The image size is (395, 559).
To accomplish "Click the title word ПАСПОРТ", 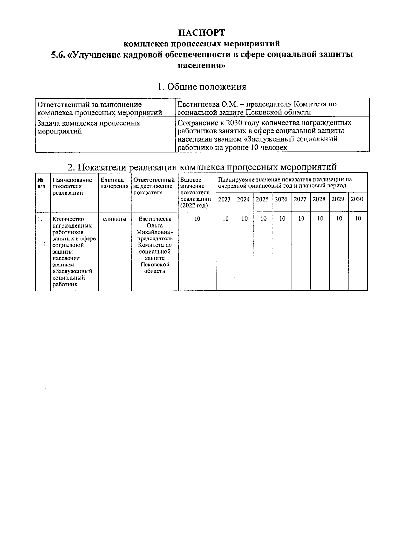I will coord(202,33).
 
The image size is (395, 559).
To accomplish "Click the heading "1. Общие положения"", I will coord(202,87).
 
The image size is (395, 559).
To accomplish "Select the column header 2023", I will coord(224,199).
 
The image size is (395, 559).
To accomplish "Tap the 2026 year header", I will coord(281,199).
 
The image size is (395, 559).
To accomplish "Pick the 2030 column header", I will coord(357,199).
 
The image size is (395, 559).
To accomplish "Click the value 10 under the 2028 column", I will coord(320,219).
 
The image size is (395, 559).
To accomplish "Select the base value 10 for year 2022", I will coord(197,219).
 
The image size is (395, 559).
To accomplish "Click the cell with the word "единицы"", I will coord(115,219).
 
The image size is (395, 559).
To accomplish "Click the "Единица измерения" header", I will coord(114,183).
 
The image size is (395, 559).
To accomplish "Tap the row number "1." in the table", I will coord(40,219).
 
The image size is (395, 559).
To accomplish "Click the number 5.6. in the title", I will coord(58,55).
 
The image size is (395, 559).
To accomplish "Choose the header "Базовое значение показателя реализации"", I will coord(196,193).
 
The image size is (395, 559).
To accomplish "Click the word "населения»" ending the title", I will coord(202,65).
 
